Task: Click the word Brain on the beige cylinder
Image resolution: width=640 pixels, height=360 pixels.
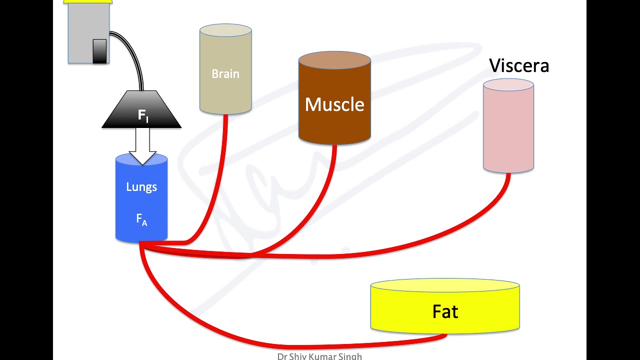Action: (225, 74)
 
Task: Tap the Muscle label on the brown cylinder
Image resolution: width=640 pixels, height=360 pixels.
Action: (334, 104)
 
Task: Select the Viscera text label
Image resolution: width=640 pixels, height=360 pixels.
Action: (519, 65)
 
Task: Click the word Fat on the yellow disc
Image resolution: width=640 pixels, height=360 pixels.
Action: (445, 311)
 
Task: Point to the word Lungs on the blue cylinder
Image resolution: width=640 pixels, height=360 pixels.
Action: (141, 187)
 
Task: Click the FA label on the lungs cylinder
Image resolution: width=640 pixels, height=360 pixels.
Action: (141, 219)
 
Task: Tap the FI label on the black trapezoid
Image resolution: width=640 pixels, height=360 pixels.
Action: (143, 115)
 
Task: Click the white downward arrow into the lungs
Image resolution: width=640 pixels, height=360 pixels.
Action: (142, 146)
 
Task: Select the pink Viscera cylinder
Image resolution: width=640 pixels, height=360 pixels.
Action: (508, 125)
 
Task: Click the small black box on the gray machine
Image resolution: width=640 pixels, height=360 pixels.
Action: (99, 51)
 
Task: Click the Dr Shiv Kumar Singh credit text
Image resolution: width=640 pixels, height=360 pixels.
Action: (319, 356)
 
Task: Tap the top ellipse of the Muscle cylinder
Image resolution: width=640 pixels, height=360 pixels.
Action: (334, 60)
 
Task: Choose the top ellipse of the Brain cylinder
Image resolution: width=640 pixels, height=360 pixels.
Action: (225, 30)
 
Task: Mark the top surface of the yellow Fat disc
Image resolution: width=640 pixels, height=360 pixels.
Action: (445, 285)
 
